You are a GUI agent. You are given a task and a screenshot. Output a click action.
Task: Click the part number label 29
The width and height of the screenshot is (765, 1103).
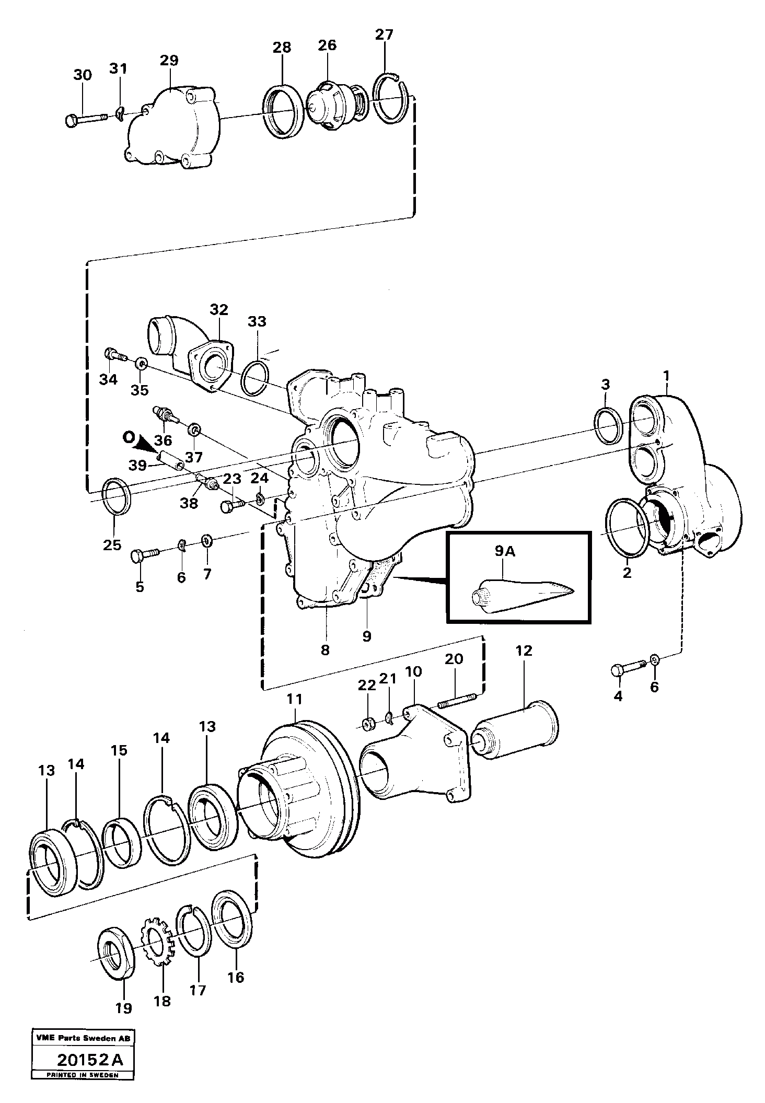(169, 60)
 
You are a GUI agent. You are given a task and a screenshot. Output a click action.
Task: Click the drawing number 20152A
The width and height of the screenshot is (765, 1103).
(90, 1073)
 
